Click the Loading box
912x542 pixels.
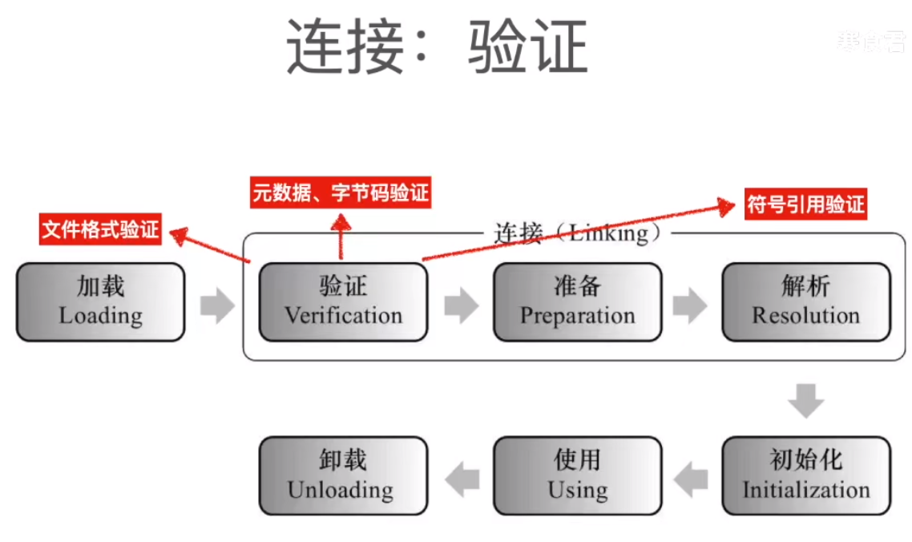click(x=101, y=302)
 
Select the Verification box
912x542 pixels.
click(x=343, y=302)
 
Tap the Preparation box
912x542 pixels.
click(x=577, y=302)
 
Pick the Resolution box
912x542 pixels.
click(x=805, y=302)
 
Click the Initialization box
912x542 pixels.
click(x=805, y=475)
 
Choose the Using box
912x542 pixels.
click(x=577, y=475)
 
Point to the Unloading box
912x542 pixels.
click(x=343, y=475)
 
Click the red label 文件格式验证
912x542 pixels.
click(x=101, y=231)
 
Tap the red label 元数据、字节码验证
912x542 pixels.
click(x=341, y=192)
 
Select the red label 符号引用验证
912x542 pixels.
click(x=805, y=204)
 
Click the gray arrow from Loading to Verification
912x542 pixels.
click(x=216, y=305)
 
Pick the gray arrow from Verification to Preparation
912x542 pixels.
click(x=461, y=305)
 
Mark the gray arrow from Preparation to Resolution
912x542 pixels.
click(x=690, y=305)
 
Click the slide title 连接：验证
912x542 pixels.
click(x=438, y=46)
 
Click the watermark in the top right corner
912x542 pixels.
click(x=870, y=40)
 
